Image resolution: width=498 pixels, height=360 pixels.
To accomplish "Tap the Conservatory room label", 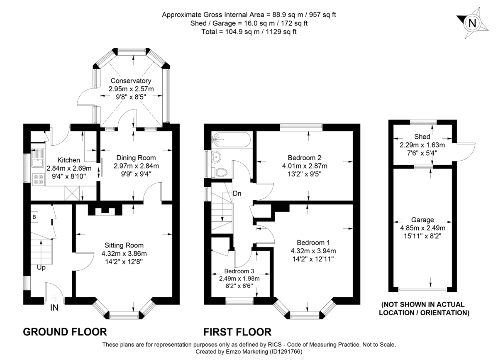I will tap(130, 81).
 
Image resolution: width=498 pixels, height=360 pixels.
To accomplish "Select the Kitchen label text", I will tap(68, 160).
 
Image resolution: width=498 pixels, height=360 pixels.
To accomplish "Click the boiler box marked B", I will tap(34, 217).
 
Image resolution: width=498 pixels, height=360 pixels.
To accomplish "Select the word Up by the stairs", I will tap(41, 268).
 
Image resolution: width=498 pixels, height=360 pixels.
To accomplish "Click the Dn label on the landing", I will tap(237, 193).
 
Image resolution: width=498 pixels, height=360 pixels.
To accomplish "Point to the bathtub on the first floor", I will tap(231, 140).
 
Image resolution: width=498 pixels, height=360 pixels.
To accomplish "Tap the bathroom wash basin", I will tap(216, 157).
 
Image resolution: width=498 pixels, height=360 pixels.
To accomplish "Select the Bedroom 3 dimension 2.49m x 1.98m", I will tap(239, 279).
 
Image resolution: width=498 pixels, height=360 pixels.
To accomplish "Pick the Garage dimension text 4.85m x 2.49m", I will tap(422, 228).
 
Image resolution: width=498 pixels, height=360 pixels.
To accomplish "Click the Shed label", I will tap(422, 137).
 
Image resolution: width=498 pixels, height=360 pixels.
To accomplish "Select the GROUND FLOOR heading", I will tap(65, 332).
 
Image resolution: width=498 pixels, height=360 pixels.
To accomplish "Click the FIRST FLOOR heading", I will tap(237, 332).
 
